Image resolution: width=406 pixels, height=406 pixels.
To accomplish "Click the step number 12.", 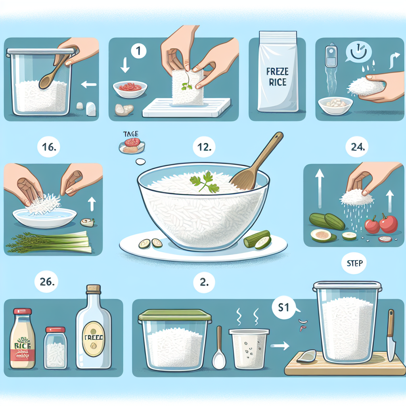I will [x=204, y=148].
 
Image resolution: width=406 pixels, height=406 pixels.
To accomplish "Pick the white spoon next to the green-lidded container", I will [x=219, y=349].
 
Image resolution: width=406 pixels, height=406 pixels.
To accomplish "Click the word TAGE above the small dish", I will [x=130, y=134].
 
